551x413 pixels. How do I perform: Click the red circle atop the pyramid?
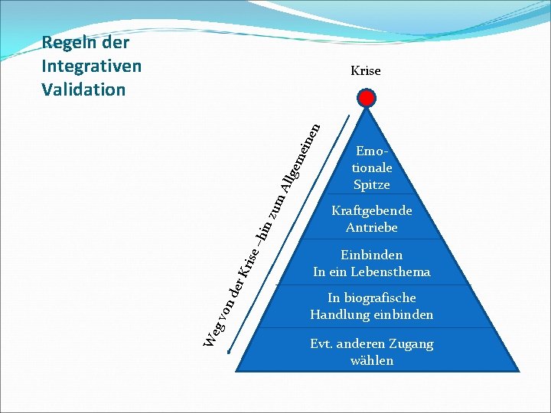[367, 99]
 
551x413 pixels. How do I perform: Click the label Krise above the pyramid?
[365, 71]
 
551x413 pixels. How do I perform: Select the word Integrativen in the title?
[92, 66]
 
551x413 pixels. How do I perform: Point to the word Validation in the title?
[83, 89]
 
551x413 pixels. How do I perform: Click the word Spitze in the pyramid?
[372, 184]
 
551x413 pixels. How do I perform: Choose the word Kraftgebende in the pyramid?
[371, 210]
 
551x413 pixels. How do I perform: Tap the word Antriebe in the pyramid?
[371, 227]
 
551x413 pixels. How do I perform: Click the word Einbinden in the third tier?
[371, 255]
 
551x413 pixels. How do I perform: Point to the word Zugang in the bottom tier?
[411, 343]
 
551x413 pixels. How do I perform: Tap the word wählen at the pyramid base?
[371, 360]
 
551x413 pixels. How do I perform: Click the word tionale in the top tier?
[372, 167]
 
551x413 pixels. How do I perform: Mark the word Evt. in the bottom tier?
[322, 343]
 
